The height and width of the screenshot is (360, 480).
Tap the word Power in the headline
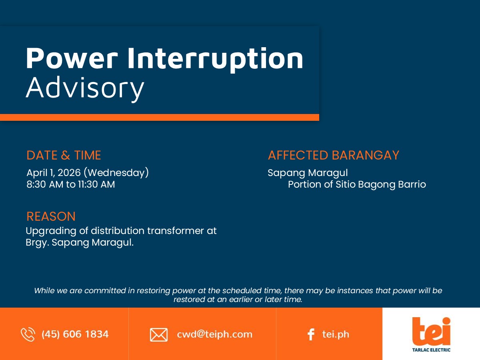[x=72, y=58]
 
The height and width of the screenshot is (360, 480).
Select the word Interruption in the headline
[x=215, y=60]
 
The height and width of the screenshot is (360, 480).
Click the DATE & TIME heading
[x=64, y=155]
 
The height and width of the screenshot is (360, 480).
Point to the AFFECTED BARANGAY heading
[x=334, y=155]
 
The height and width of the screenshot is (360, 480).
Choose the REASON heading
[x=51, y=216]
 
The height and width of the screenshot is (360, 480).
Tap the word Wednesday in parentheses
[x=116, y=173]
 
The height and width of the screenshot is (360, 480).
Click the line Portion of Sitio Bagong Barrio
[x=357, y=184]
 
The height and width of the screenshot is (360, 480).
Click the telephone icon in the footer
[x=28, y=334]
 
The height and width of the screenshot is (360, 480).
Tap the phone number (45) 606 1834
[x=75, y=334]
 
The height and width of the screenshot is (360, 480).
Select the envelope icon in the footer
[x=159, y=335]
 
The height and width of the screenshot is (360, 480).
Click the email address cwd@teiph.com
[x=214, y=334]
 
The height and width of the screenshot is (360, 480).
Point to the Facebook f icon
[x=311, y=334]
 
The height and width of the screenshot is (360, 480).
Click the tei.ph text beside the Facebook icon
[x=336, y=334]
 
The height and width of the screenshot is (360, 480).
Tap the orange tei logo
[x=431, y=331]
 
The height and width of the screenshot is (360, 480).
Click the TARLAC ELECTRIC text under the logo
[x=431, y=350]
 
